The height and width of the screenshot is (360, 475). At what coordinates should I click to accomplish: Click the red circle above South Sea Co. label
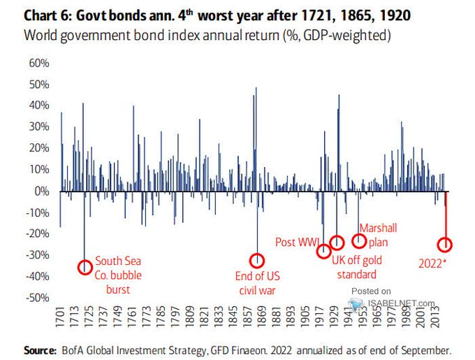point(85,267)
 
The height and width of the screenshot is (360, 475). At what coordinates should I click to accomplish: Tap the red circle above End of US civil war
point(258,261)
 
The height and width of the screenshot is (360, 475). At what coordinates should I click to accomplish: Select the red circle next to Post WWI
point(323,252)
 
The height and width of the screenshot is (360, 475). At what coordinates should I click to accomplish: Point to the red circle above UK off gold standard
point(337,243)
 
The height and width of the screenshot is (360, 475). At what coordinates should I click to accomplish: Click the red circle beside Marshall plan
point(359,240)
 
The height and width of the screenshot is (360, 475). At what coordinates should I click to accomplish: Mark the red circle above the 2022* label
point(445,245)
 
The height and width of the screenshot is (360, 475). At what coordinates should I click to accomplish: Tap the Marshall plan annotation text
point(379,235)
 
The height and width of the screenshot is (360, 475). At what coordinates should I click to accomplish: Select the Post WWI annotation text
point(297,242)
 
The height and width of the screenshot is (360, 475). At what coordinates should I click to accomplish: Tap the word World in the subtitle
point(41,34)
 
